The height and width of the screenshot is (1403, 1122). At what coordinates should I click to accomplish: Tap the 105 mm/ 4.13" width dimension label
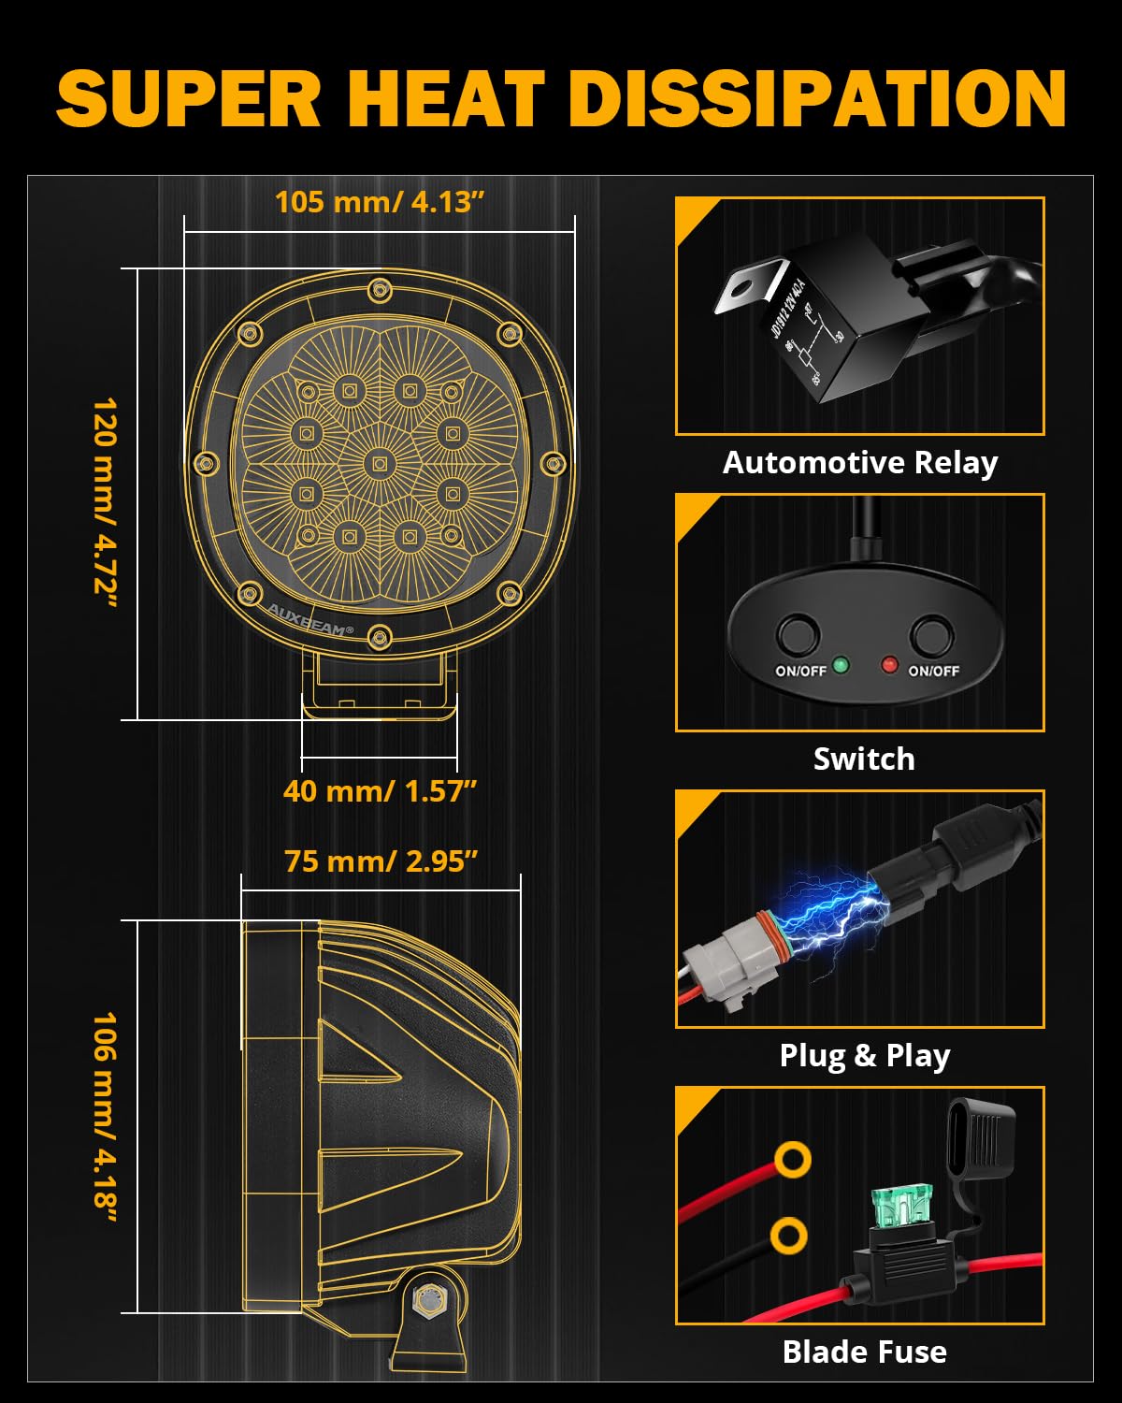click(380, 202)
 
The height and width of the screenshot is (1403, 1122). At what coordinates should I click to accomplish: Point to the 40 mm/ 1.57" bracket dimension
click(380, 791)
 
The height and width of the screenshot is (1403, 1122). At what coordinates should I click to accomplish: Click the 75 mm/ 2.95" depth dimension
click(381, 861)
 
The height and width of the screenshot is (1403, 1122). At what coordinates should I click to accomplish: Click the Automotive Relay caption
click(859, 462)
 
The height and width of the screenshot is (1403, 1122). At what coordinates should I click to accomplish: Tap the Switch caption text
click(863, 759)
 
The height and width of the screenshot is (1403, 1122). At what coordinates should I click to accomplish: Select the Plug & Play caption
click(864, 1055)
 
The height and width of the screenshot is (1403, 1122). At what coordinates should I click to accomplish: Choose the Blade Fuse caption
click(864, 1352)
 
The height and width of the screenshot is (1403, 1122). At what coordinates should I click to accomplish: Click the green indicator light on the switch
click(840, 665)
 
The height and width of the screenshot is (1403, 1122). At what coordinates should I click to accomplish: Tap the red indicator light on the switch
click(889, 665)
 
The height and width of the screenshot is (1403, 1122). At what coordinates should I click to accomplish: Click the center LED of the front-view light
click(379, 462)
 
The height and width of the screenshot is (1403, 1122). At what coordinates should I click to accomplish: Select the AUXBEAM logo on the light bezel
click(309, 619)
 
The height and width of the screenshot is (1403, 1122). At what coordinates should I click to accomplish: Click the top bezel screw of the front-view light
click(379, 289)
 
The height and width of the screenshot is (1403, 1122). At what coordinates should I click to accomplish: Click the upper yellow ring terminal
click(792, 1160)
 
